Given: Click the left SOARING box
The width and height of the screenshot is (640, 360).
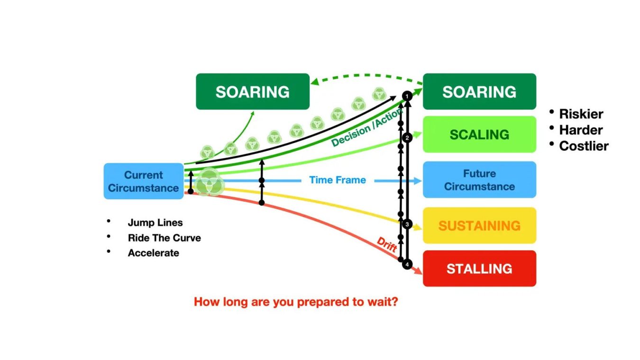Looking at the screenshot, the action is coord(253,92).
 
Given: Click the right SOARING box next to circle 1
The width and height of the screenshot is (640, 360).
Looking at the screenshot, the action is coord(479,92).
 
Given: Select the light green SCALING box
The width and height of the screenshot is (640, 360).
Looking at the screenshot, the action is coord(479,134).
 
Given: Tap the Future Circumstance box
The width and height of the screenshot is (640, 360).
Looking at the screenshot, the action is coord(479,180).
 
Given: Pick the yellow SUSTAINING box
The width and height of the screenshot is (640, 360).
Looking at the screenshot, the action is coord(479,225).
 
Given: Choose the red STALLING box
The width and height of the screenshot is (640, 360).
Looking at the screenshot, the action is coord(479,268).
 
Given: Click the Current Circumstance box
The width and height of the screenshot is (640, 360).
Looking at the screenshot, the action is coord(144,181).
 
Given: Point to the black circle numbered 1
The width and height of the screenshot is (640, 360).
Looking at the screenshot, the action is coord(407,96).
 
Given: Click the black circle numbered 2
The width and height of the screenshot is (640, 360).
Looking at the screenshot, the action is coord(407,138).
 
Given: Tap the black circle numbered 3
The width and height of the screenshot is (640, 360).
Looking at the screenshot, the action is coord(407,224).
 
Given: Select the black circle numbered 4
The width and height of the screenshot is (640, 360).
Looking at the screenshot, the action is coord(407,265).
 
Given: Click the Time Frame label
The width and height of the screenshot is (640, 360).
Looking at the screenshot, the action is coord(338,180).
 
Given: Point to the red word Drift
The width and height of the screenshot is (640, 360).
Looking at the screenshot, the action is coord(387,245).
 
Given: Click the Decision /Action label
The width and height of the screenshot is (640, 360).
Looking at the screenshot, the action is coord(367,128).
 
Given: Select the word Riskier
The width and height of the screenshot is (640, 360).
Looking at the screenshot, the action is coord(581,114).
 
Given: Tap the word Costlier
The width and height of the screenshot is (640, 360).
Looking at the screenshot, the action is coord(584,146).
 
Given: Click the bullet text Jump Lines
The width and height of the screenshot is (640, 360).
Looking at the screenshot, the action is coord(155,222).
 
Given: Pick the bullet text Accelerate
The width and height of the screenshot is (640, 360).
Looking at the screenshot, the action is coord(154,253).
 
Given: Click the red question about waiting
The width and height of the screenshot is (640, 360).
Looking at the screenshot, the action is coord(296,302).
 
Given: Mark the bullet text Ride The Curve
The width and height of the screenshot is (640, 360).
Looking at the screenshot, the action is coord(165,238).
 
